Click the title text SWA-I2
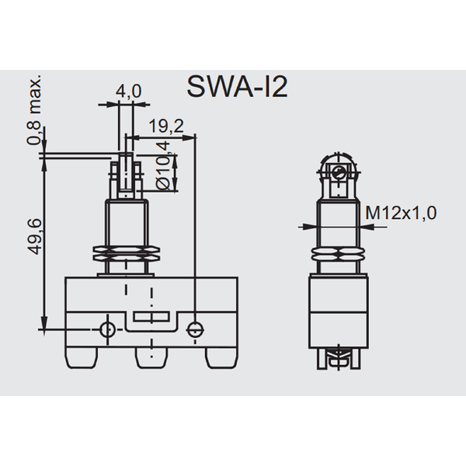238,86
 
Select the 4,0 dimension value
128,92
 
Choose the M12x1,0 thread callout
401,213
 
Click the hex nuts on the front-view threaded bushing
127,253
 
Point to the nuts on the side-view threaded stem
337,258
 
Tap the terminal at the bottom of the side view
337,359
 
